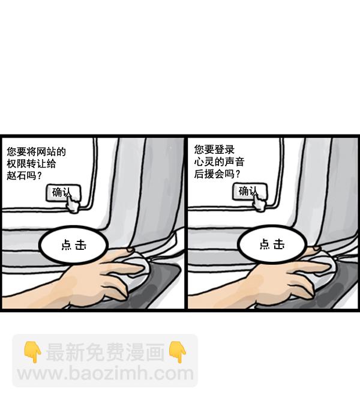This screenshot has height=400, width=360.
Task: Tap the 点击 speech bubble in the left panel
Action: coord(73,244)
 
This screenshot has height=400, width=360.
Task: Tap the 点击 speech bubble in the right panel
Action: coord(272,244)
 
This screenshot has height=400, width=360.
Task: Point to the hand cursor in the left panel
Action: coord(73,204)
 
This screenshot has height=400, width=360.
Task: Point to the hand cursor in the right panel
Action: coord(259,203)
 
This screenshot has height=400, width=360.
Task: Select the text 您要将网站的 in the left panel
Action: coord(35,152)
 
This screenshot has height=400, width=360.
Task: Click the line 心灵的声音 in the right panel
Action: coord(218,162)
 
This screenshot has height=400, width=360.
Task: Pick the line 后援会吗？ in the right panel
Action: coord(217,175)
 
